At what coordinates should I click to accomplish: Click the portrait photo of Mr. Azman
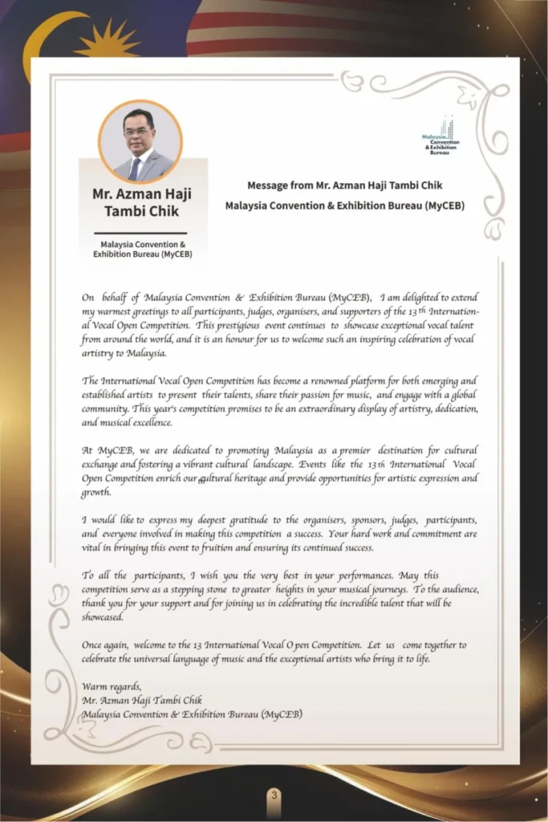pos(140,142)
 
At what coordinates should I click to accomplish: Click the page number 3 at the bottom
pos(274,795)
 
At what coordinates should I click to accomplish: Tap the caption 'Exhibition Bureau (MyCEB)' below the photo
pos(143,254)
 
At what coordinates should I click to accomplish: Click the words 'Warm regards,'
pos(112,686)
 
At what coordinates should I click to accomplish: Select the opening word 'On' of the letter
pos(88,297)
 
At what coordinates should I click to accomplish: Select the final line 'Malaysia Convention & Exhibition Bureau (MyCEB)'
pos(192,714)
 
